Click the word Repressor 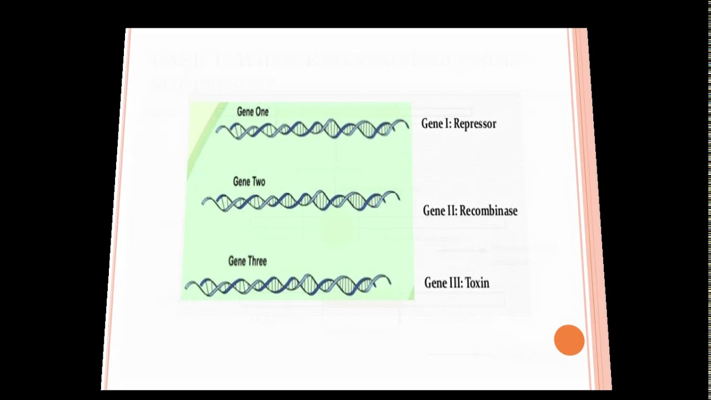pyautogui.click(x=474, y=124)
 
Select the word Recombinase pyautogui.click(x=488, y=211)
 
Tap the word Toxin pyautogui.click(x=477, y=283)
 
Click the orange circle pyautogui.click(x=569, y=340)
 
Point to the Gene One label pyautogui.click(x=252, y=112)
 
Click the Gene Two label pyautogui.click(x=249, y=182)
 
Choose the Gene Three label pyautogui.click(x=247, y=261)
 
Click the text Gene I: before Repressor pyautogui.click(x=436, y=124)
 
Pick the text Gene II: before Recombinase pyautogui.click(x=439, y=211)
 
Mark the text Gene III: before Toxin pyautogui.click(x=443, y=283)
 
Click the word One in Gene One pyautogui.click(x=261, y=112)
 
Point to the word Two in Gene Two pyautogui.click(x=258, y=182)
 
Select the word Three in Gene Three pyautogui.click(x=257, y=261)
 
